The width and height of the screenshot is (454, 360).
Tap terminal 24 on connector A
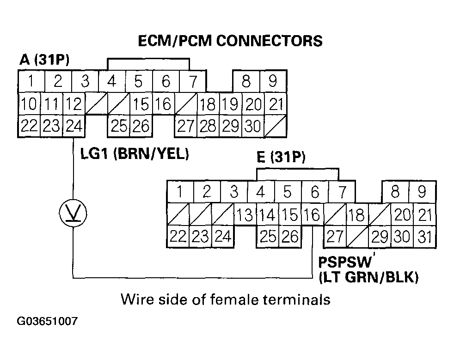click(x=74, y=126)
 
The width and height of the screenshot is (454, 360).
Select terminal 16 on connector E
click(x=313, y=215)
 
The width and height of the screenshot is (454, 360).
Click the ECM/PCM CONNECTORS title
click(x=230, y=41)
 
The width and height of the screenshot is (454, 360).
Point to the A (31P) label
click(x=44, y=60)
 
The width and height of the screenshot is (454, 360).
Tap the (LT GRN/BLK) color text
click(x=368, y=277)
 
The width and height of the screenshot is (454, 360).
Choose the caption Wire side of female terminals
click(x=226, y=299)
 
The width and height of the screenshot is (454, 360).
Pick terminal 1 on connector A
click(x=31, y=81)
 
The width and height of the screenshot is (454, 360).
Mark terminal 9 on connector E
click(x=422, y=191)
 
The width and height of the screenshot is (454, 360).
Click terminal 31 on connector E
click(x=424, y=237)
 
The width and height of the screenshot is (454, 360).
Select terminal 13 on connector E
click(x=245, y=215)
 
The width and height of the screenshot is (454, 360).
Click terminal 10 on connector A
click(x=29, y=104)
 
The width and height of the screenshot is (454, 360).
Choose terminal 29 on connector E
click(x=380, y=237)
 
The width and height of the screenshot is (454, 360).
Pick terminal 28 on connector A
click(x=208, y=126)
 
